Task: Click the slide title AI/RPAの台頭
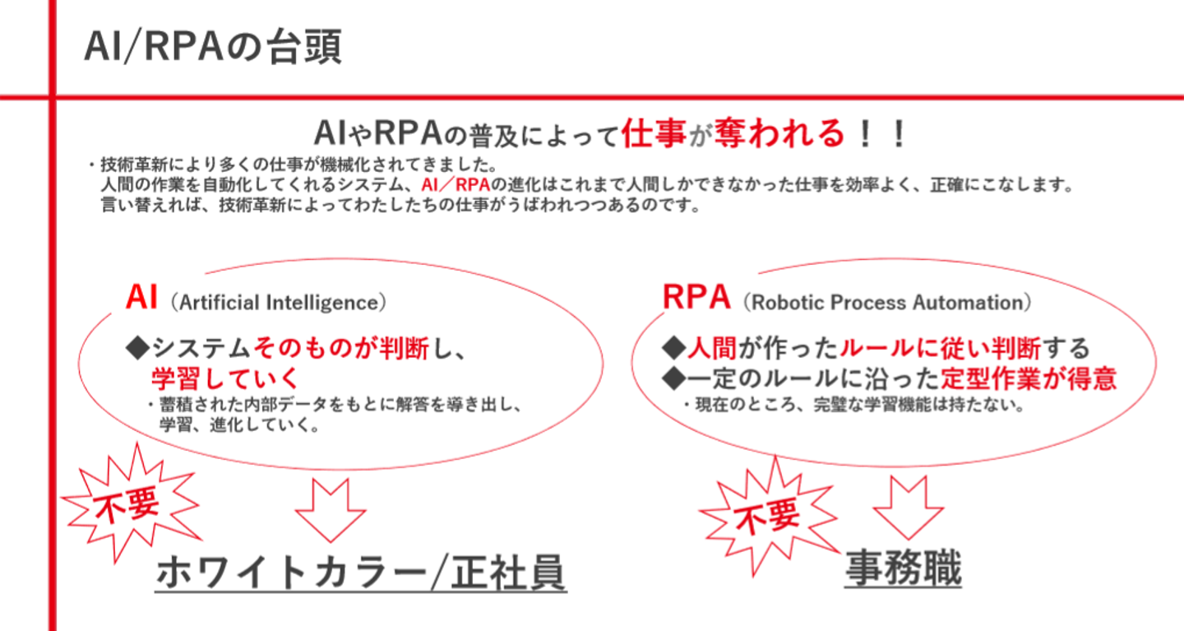coord(213,47)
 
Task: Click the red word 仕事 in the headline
coord(654,132)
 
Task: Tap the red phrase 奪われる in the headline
coord(779,132)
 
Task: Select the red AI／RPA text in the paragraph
coord(456,184)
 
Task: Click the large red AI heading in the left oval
coord(141,297)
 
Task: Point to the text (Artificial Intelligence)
coord(279,303)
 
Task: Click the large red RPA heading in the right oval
coord(696,297)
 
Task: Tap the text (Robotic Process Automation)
coord(887,303)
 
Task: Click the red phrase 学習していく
coord(225,378)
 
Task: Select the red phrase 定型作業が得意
coord(1028,378)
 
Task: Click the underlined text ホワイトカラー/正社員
coord(361,573)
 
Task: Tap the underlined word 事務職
coord(904,568)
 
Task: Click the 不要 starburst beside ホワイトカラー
coord(131,503)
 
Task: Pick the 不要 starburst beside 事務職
coord(769,516)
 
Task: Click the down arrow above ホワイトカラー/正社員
coord(331,510)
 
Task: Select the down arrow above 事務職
coord(908,508)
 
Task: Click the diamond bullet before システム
coord(138,348)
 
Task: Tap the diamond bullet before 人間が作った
coord(674,348)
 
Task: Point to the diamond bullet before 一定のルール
coord(674,378)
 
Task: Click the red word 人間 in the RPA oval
coord(712,348)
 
